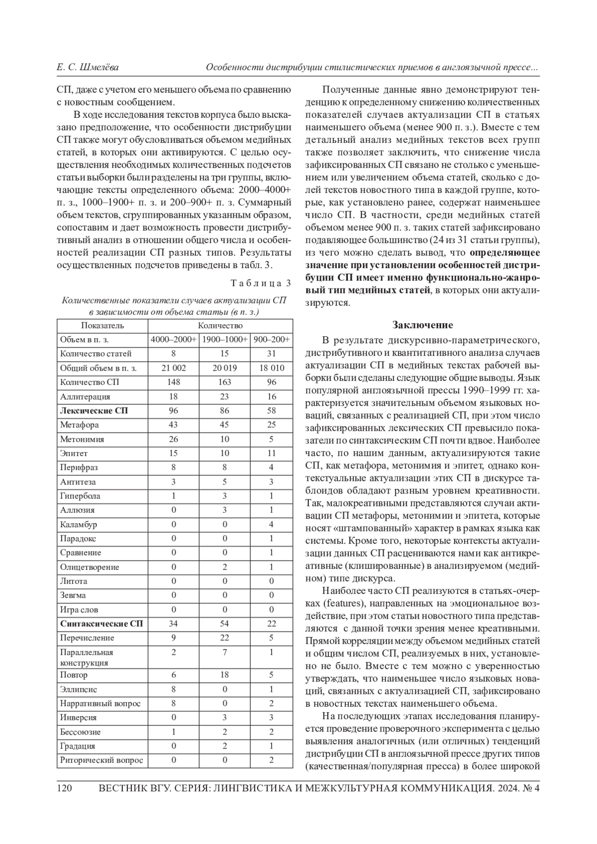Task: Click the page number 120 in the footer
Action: (66, 788)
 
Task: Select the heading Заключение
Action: (422, 325)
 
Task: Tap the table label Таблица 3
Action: (261, 283)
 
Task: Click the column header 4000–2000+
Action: (174, 340)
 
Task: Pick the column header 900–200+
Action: (271, 340)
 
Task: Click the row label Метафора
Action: (80, 425)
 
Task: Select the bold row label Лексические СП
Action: (94, 411)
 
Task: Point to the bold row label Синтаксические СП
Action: (101, 624)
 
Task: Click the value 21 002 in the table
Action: (174, 368)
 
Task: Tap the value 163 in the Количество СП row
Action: (224, 382)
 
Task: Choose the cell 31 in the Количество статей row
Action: (271, 354)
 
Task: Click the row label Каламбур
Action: (79, 524)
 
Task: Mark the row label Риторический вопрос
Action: (101, 760)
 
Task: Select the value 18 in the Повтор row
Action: (224, 675)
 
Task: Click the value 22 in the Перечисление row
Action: (224, 638)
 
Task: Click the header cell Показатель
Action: (102, 326)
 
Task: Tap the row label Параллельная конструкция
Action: (87, 657)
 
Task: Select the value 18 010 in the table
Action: (272, 368)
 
